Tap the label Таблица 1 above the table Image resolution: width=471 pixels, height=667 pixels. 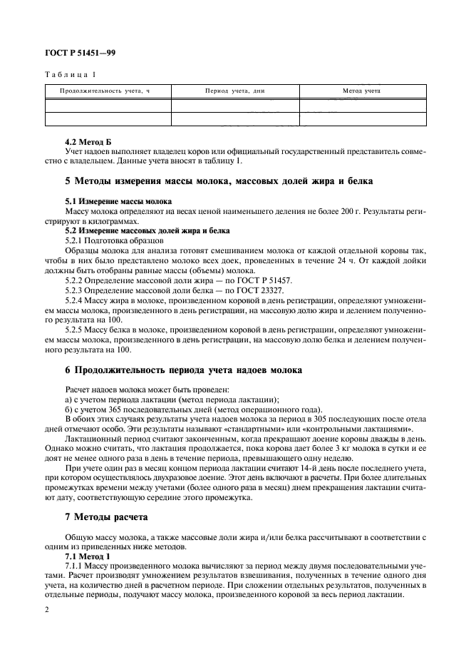pos(69,75)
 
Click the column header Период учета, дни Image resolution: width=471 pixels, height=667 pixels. pos(234,91)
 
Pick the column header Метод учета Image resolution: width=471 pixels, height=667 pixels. pos(362,91)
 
